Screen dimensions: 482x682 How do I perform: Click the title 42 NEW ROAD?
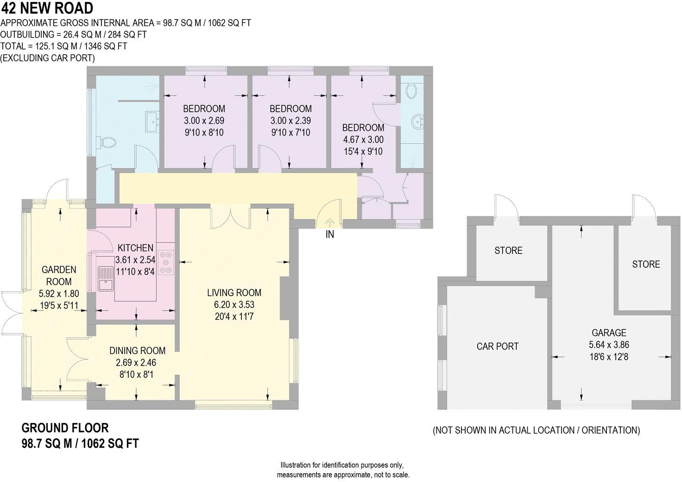click(47, 8)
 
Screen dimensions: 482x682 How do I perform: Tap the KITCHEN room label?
click(135, 248)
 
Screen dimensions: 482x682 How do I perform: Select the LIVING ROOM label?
click(234, 292)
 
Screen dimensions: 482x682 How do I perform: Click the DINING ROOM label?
click(137, 350)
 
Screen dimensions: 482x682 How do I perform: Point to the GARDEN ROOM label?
click(59, 275)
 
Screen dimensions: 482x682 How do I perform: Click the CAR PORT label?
click(497, 346)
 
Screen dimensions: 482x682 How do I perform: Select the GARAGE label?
click(609, 332)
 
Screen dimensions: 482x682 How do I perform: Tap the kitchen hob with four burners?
click(166, 262)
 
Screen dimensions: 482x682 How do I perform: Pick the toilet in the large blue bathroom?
click(106, 142)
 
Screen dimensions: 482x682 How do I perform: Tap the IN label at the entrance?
click(329, 235)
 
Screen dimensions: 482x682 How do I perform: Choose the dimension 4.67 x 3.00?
click(363, 140)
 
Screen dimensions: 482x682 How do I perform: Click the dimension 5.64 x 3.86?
click(609, 345)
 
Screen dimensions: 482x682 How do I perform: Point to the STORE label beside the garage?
click(646, 264)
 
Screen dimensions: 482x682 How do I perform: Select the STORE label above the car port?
click(508, 251)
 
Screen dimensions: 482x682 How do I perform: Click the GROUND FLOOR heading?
click(65, 427)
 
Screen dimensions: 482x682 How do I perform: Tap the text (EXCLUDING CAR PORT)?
click(48, 58)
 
